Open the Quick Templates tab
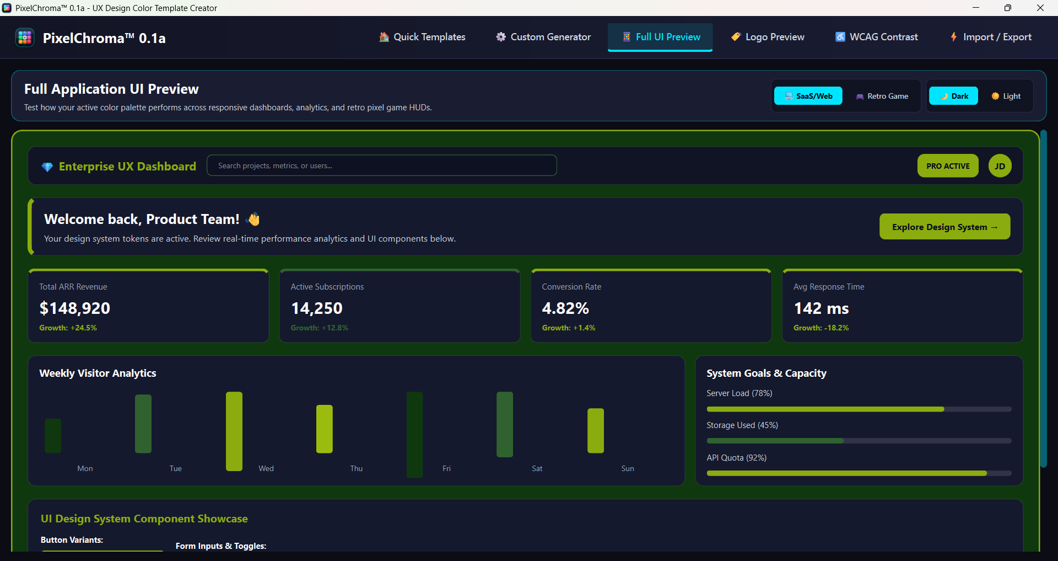422,37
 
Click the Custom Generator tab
543,37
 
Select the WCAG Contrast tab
877,37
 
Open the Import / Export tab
991,37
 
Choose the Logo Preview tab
768,37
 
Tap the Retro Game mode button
882,96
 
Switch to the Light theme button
1006,96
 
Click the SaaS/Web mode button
808,96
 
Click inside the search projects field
382,165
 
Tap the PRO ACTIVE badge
948,166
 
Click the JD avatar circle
1000,166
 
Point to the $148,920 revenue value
75,308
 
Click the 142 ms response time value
821,308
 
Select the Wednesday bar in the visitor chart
234,431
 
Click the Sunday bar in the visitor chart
596,431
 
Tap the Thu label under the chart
357,468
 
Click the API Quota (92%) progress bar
859,473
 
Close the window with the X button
1040,8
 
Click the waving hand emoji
253,219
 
